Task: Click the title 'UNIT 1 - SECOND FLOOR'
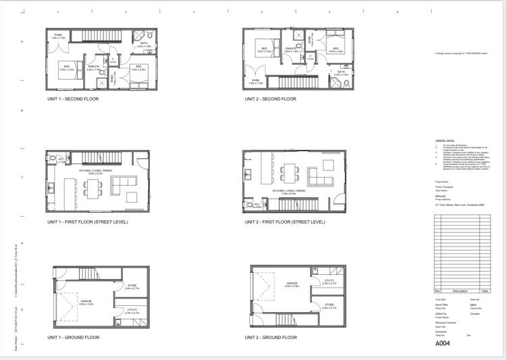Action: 72,99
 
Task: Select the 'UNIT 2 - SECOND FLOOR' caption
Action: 270,99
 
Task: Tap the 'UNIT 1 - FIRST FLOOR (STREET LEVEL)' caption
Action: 87,222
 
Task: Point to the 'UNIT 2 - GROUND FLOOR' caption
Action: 270,337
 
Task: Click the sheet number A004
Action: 443,343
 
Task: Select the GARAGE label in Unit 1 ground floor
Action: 86,303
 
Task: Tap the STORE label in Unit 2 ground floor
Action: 329,305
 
